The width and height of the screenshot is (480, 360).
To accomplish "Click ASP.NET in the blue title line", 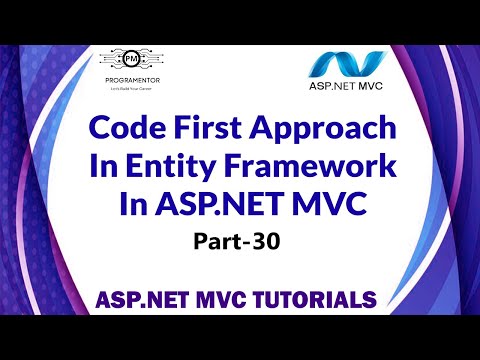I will (x=233, y=208).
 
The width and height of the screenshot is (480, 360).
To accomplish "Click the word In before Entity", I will (x=109, y=170).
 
